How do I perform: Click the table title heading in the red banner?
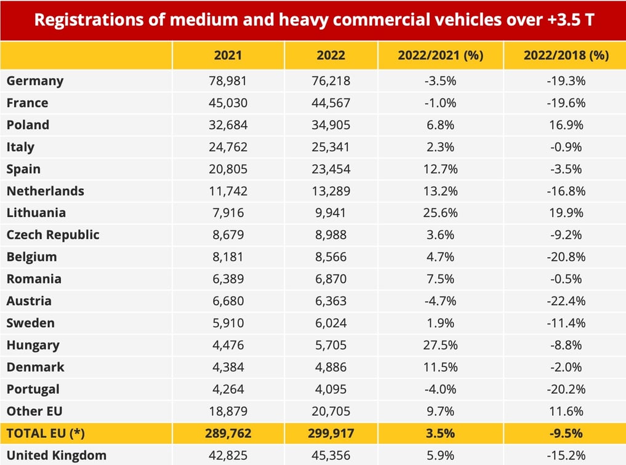[313, 20]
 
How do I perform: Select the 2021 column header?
[228, 55]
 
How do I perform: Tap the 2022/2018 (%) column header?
[566, 55]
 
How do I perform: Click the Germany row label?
[35, 81]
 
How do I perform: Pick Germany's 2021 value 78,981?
[228, 81]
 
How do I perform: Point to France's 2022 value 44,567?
[331, 103]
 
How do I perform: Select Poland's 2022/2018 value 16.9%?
[566, 125]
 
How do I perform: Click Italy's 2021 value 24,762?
[228, 147]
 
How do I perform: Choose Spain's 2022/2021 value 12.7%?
[439, 169]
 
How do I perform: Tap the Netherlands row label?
[45, 191]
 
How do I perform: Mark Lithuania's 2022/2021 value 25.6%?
[439, 213]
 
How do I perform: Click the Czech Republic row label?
[53, 235]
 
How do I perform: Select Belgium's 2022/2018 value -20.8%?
[566, 257]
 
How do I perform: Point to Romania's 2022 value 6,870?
[331, 279]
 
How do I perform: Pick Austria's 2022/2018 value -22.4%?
[566, 301]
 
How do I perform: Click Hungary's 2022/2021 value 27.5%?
[439, 345]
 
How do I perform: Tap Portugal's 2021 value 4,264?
[228, 389]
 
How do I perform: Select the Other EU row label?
[34, 411]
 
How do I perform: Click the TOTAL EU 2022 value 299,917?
[331, 434]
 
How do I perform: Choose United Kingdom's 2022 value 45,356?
[331, 456]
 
